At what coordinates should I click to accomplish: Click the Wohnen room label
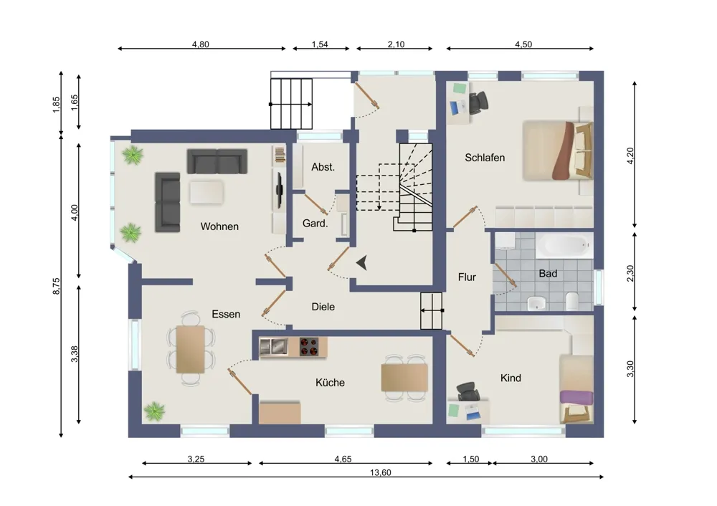[219, 226]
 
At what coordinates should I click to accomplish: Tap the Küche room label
[330, 383]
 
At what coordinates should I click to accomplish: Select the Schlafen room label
[485, 158]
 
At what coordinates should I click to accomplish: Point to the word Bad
[548, 273]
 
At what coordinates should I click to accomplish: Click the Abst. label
[323, 167]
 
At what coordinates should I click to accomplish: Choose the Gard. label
[315, 224]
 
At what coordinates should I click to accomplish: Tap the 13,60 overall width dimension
[381, 472]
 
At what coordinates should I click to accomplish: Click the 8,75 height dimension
[56, 286]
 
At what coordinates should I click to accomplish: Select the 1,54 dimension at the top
[320, 44]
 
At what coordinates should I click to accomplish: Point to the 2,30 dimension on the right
[630, 273]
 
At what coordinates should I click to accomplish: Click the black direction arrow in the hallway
[362, 263]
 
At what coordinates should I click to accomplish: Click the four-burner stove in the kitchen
[309, 347]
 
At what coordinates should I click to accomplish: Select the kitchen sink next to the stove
[273, 347]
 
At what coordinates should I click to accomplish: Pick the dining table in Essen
[191, 350]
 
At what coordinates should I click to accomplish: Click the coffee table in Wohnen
[206, 192]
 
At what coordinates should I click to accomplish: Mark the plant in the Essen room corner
[154, 412]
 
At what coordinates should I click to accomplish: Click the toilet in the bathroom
[572, 302]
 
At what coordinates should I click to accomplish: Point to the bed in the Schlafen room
[558, 151]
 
